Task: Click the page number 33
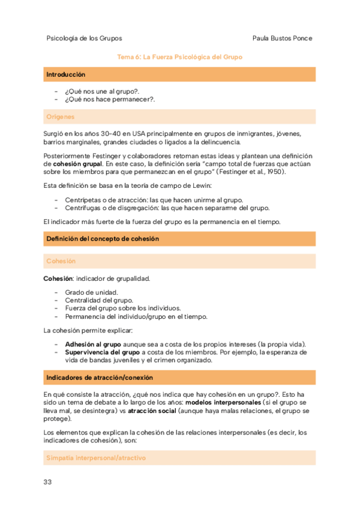(x=48, y=483)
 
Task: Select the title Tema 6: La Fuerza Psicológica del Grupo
(x=180, y=56)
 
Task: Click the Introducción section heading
(x=65, y=74)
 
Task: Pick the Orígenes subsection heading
(x=60, y=116)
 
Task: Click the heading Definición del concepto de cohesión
(x=102, y=238)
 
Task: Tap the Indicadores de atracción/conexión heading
(x=99, y=378)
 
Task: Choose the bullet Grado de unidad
(x=91, y=292)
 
